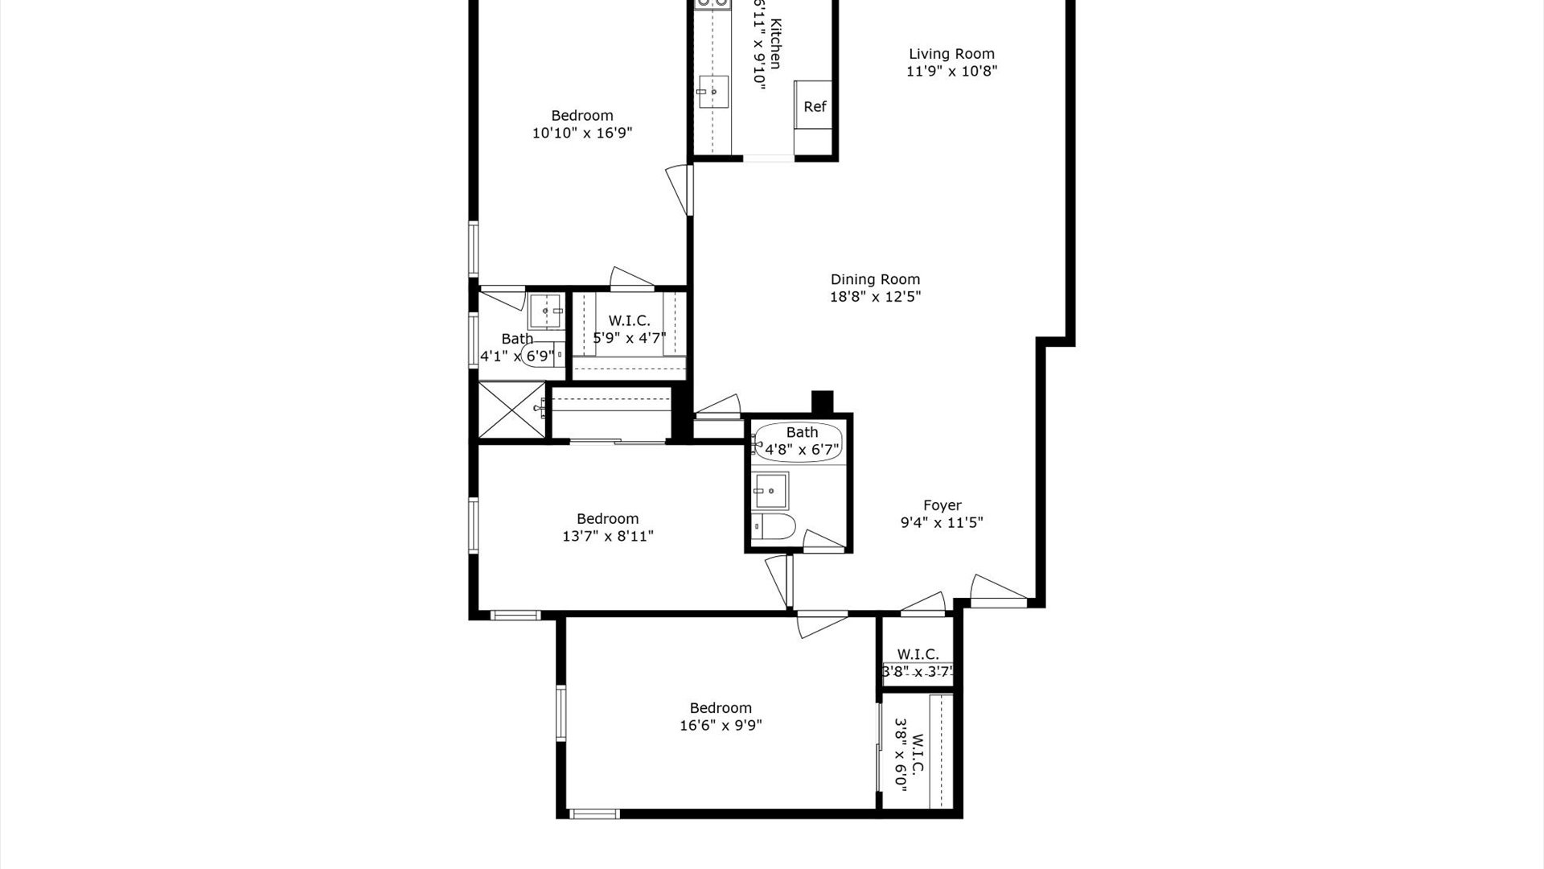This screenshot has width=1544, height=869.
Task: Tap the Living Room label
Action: point(951,54)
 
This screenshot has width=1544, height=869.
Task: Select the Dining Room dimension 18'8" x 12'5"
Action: point(875,297)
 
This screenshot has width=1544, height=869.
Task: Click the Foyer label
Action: point(942,505)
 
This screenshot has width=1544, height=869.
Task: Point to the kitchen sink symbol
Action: point(712,93)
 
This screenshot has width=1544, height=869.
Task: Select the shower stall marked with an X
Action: point(511,410)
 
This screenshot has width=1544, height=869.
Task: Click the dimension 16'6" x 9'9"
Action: point(721,725)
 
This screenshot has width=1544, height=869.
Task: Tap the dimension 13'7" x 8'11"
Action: point(607,536)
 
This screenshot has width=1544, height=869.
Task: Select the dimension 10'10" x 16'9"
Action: point(582,133)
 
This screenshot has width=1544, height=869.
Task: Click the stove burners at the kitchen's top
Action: point(712,4)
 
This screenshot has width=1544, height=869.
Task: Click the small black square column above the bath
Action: point(822,401)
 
